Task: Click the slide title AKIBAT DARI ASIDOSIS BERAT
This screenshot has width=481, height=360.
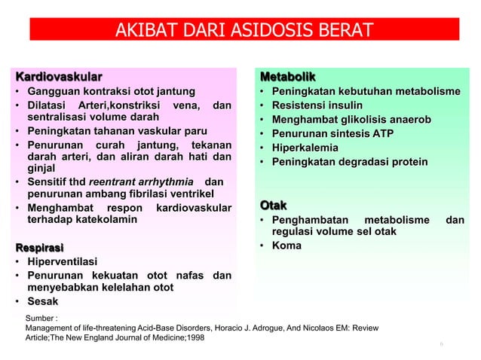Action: pos(244,31)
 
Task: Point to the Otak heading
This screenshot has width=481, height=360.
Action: pos(274,205)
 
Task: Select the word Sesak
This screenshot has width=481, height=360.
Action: pos(44,302)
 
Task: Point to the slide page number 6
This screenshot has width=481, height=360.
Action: pos(442,344)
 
